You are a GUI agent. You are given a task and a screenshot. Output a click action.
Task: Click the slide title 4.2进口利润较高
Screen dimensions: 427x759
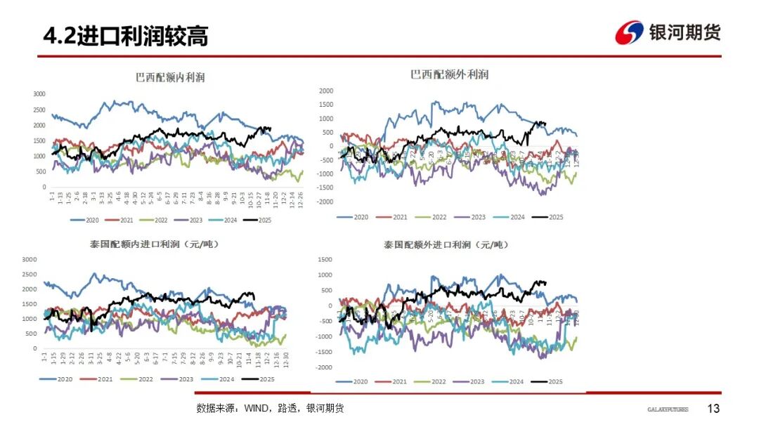click(125, 36)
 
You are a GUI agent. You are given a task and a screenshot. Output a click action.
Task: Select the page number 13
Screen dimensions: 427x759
click(713, 409)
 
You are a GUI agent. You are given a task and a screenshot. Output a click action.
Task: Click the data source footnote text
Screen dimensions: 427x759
click(270, 409)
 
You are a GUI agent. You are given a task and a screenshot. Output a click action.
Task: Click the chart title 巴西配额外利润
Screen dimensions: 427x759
click(449, 74)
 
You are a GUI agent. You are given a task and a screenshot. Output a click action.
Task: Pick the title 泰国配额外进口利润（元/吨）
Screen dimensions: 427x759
click(446, 245)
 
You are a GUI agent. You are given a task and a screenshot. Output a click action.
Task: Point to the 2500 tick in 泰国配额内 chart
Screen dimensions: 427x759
click(29, 274)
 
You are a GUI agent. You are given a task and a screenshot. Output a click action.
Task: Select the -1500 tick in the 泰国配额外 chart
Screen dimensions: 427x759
click(324, 352)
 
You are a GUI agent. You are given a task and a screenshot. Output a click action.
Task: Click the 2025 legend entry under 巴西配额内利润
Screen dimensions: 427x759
click(257, 220)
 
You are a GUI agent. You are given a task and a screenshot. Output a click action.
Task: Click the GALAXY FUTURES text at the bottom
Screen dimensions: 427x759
click(668, 409)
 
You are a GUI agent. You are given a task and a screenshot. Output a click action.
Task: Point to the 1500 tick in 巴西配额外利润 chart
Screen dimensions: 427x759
click(326, 104)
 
